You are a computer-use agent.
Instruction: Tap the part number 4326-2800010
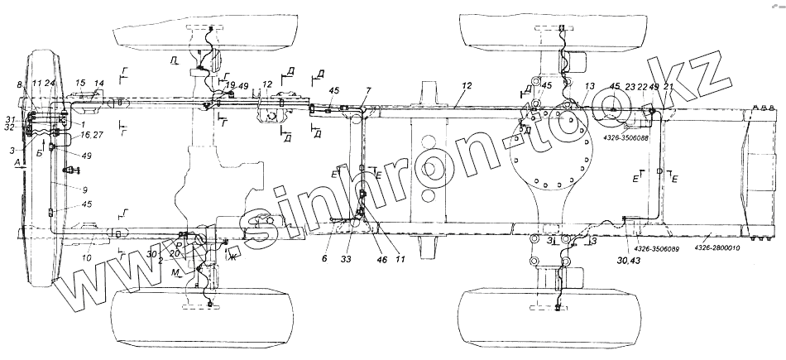click(x=718, y=247)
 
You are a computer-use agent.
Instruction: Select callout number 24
click(x=50, y=84)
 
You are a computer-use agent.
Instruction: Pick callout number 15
click(x=81, y=84)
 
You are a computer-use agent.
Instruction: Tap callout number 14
click(x=99, y=84)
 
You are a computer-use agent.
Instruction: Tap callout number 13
click(x=590, y=86)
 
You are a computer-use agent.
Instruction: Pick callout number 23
click(x=630, y=86)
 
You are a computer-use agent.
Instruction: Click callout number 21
click(x=669, y=86)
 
